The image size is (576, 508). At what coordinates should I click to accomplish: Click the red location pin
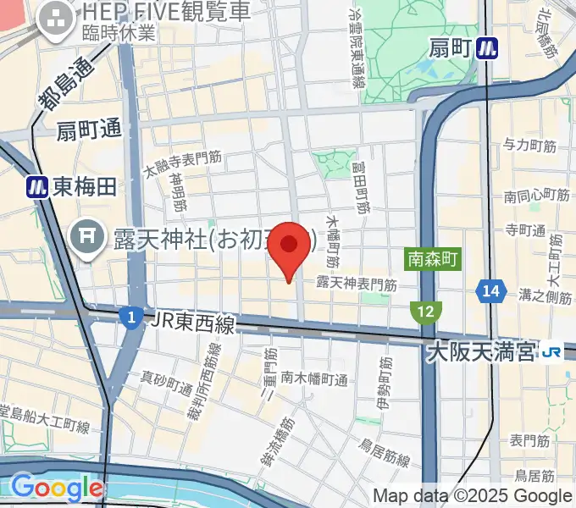click(290, 246)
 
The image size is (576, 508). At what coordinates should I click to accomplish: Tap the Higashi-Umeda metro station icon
click(36, 187)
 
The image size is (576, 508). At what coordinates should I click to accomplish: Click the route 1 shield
click(130, 318)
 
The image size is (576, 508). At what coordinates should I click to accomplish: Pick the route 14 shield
click(489, 290)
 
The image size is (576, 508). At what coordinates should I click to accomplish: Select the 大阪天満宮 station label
click(484, 349)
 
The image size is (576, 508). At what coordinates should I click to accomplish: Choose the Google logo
click(56, 488)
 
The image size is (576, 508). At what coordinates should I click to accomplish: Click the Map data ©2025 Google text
click(472, 495)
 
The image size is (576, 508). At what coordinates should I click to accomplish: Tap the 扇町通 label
click(89, 130)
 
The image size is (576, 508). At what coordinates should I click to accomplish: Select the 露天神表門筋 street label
click(357, 284)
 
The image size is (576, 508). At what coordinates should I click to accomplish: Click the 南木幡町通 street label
click(314, 378)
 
